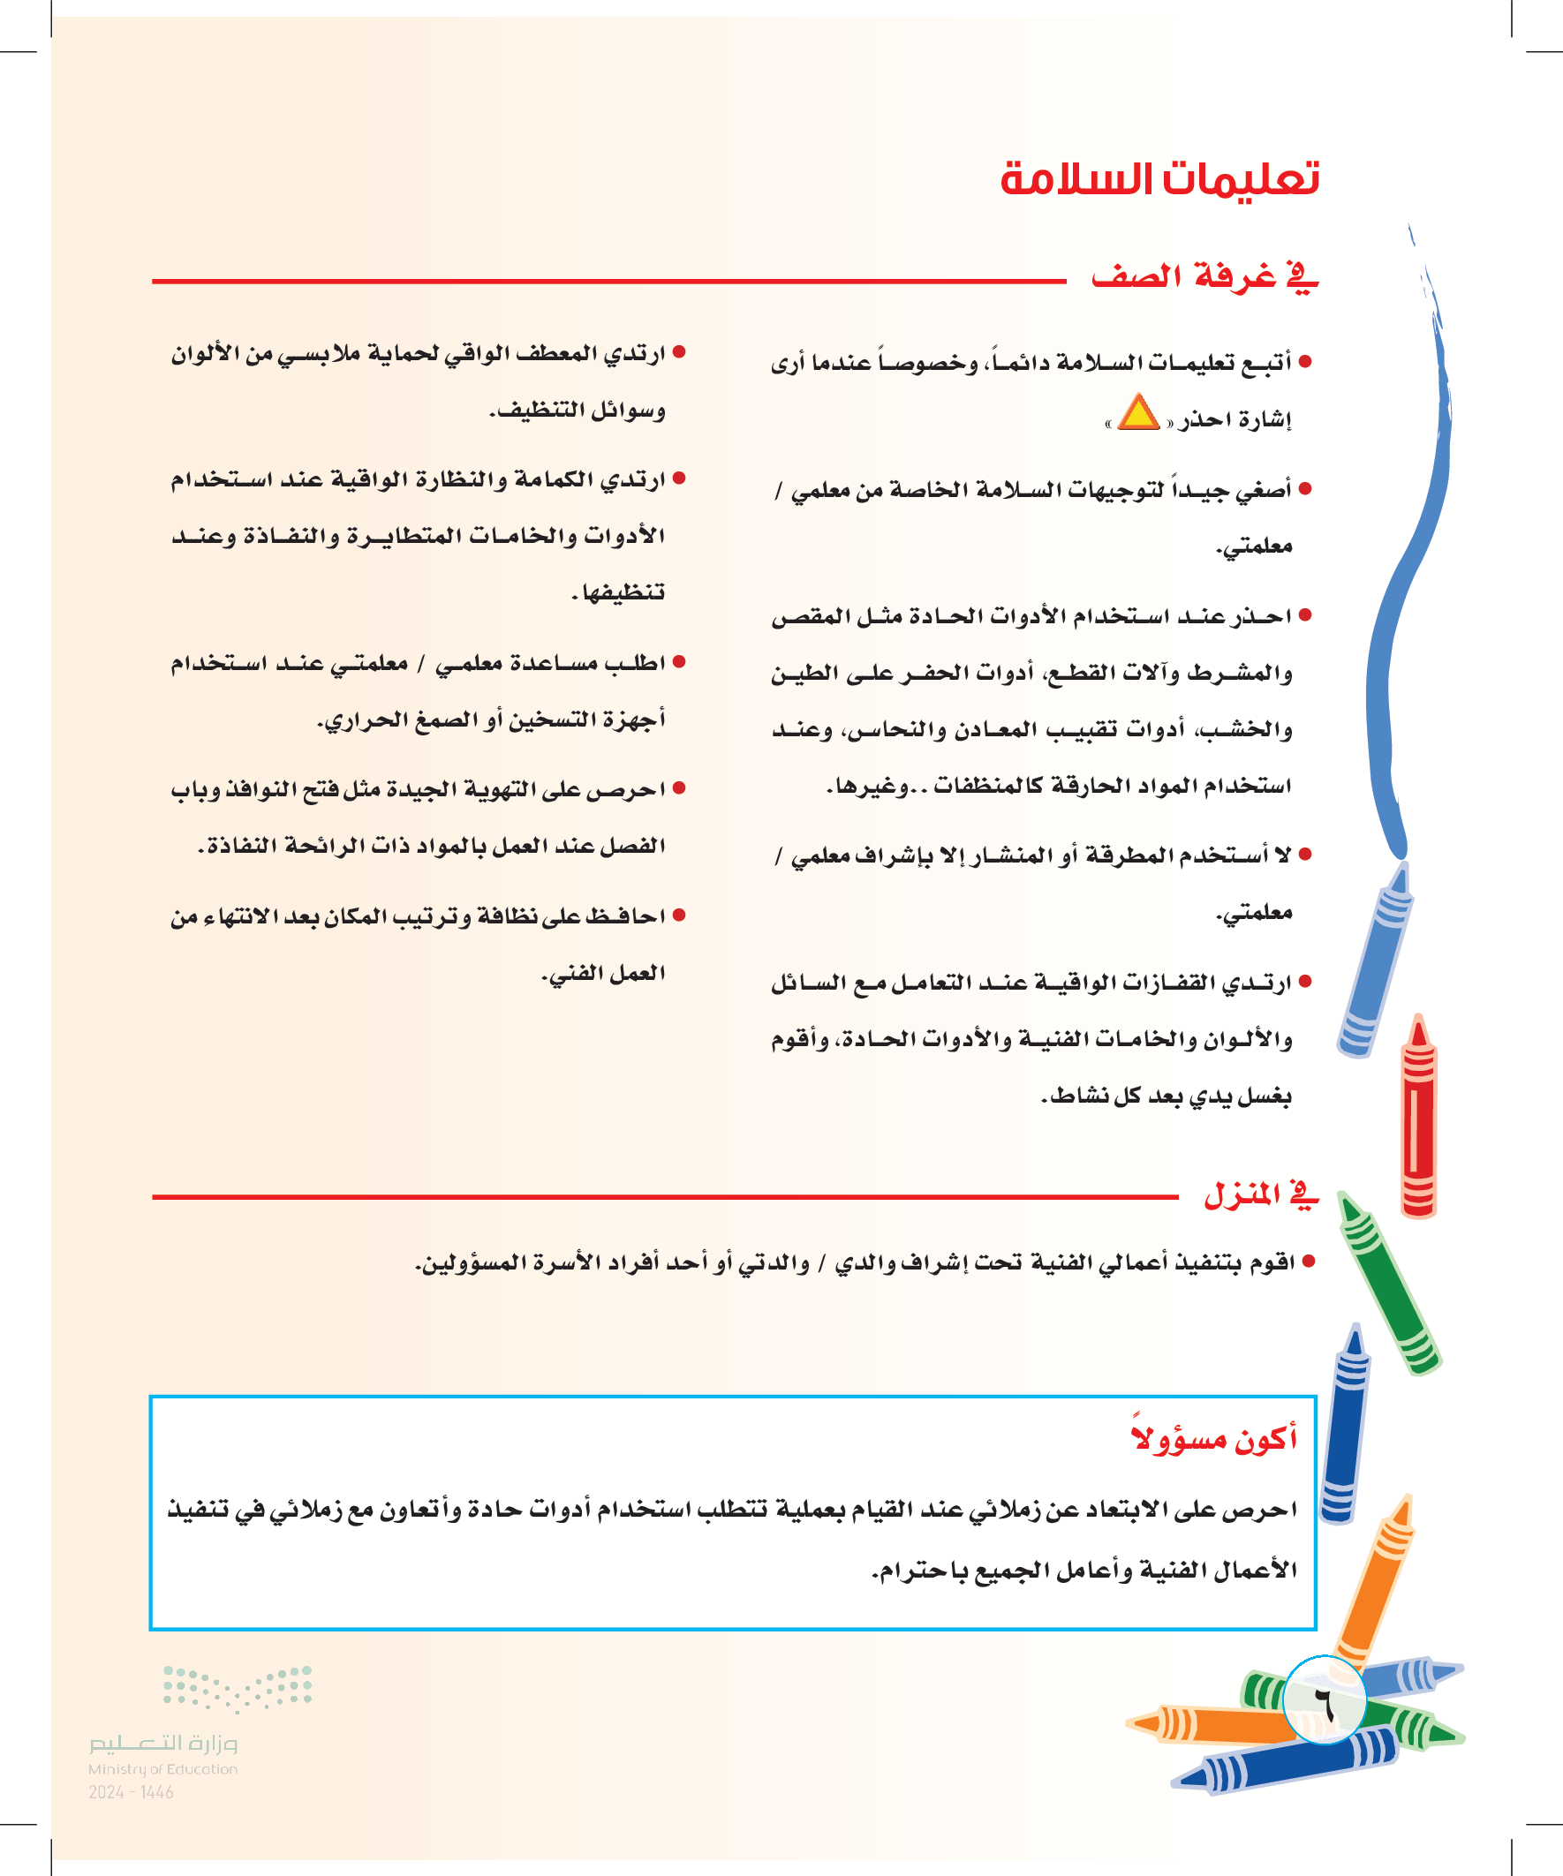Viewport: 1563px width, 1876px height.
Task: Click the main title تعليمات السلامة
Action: click(x=1159, y=179)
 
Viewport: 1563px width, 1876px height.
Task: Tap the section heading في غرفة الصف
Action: click(x=1204, y=277)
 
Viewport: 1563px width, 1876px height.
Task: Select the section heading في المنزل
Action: click(x=1260, y=1194)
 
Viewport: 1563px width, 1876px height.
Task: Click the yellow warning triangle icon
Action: click(x=1137, y=413)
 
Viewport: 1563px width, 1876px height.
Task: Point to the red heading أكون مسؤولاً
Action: click(x=1214, y=1439)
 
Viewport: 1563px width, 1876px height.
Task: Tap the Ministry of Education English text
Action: click(x=162, y=1769)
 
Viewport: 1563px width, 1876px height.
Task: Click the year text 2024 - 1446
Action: click(x=131, y=1792)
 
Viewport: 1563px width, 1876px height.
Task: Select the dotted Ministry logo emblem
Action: click(x=237, y=1687)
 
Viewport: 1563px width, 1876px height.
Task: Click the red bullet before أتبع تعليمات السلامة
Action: click(x=1306, y=362)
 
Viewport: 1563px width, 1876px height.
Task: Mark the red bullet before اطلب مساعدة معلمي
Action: click(x=679, y=662)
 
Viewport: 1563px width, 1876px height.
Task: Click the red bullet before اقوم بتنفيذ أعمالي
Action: click(x=1310, y=1262)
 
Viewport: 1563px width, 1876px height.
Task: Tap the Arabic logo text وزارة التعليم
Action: click(x=162, y=1743)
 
